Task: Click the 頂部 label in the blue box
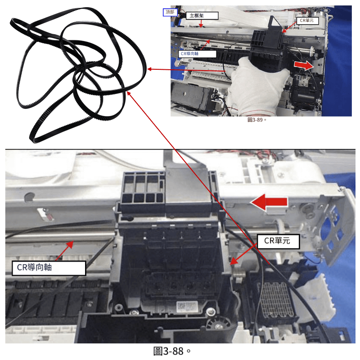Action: click(x=170, y=12)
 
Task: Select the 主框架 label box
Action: click(x=202, y=16)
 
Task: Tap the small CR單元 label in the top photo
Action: click(x=307, y=20)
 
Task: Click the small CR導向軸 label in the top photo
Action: click(x=197, y=54)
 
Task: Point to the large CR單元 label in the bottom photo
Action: click(x=278, y=241)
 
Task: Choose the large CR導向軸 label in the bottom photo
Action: click(x=49, y=267)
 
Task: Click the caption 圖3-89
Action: click(x=256, y=120)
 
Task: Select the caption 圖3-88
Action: click(x=172, y=351)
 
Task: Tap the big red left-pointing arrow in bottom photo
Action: click(x=269, y=202)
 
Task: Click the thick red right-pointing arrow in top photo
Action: click(x=304, y=65)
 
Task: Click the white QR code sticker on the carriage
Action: click(x=187, y=307)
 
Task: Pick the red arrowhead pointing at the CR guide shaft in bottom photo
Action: click(x=71, y=244)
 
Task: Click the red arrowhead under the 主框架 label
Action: click(x=201, y=26)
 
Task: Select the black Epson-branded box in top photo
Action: click(x=190, y=95)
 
